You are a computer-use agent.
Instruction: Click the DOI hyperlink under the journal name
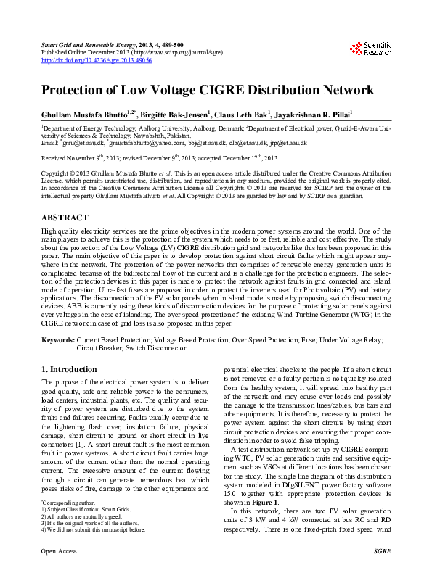97,61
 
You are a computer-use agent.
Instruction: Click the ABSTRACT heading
65,218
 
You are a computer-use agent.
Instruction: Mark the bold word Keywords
57,339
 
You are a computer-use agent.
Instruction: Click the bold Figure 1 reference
266,502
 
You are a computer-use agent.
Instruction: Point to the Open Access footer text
59,572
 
